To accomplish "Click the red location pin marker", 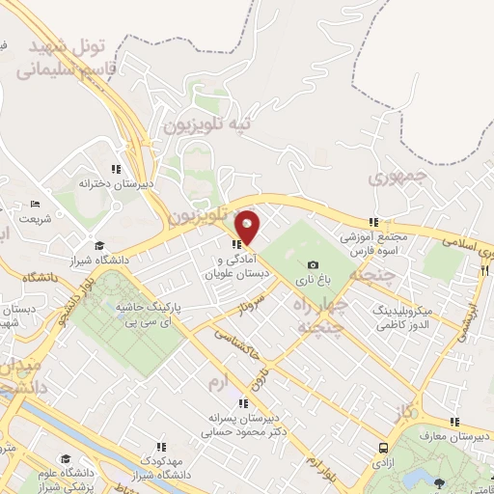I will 248,227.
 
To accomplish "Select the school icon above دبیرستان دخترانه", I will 117,169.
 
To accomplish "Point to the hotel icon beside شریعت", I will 36,205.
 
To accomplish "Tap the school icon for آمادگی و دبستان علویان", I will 236,243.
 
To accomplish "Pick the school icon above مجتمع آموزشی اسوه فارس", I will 374,222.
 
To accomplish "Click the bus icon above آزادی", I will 384,449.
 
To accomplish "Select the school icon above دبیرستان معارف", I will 454,422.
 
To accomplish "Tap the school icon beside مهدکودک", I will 162,446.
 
